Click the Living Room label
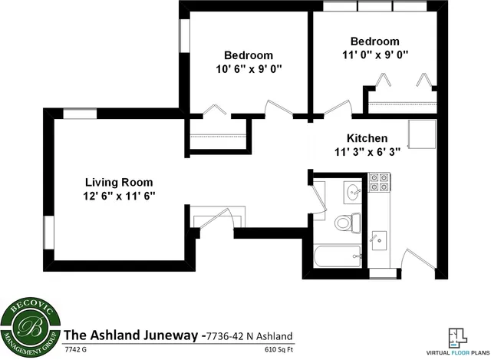coord(119,182)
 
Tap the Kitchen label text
coord(367,137)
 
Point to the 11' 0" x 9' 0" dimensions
coord(374,54)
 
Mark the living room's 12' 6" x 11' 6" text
coord(119,196)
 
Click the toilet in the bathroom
coord(347,223)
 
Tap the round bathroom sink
coord(354,192)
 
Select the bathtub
coord(338,256)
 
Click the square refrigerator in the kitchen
coord(420,135)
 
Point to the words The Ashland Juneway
coord(130,335)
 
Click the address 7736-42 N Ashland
coord(247,335)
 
